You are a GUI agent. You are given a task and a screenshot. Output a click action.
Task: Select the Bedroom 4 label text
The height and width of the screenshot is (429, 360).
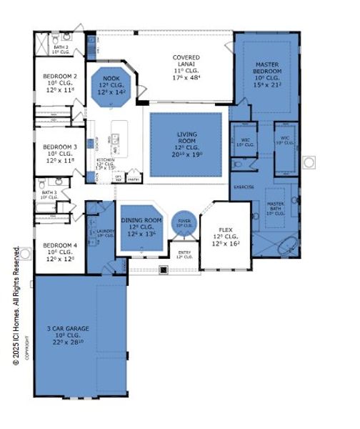[x=60, y=245]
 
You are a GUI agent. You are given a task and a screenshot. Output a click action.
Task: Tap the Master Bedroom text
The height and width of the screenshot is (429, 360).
[x=269, y=69]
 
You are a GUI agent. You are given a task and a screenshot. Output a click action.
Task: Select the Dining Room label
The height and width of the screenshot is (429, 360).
[x=140, y=221]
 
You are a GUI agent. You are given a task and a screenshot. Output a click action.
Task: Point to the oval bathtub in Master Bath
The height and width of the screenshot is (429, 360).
[x=287, y=247]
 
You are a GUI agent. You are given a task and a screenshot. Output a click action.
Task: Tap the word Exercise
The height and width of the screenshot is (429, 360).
[x=243, y=187]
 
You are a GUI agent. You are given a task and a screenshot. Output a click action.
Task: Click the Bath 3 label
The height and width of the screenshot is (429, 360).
[x=49, y=193]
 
